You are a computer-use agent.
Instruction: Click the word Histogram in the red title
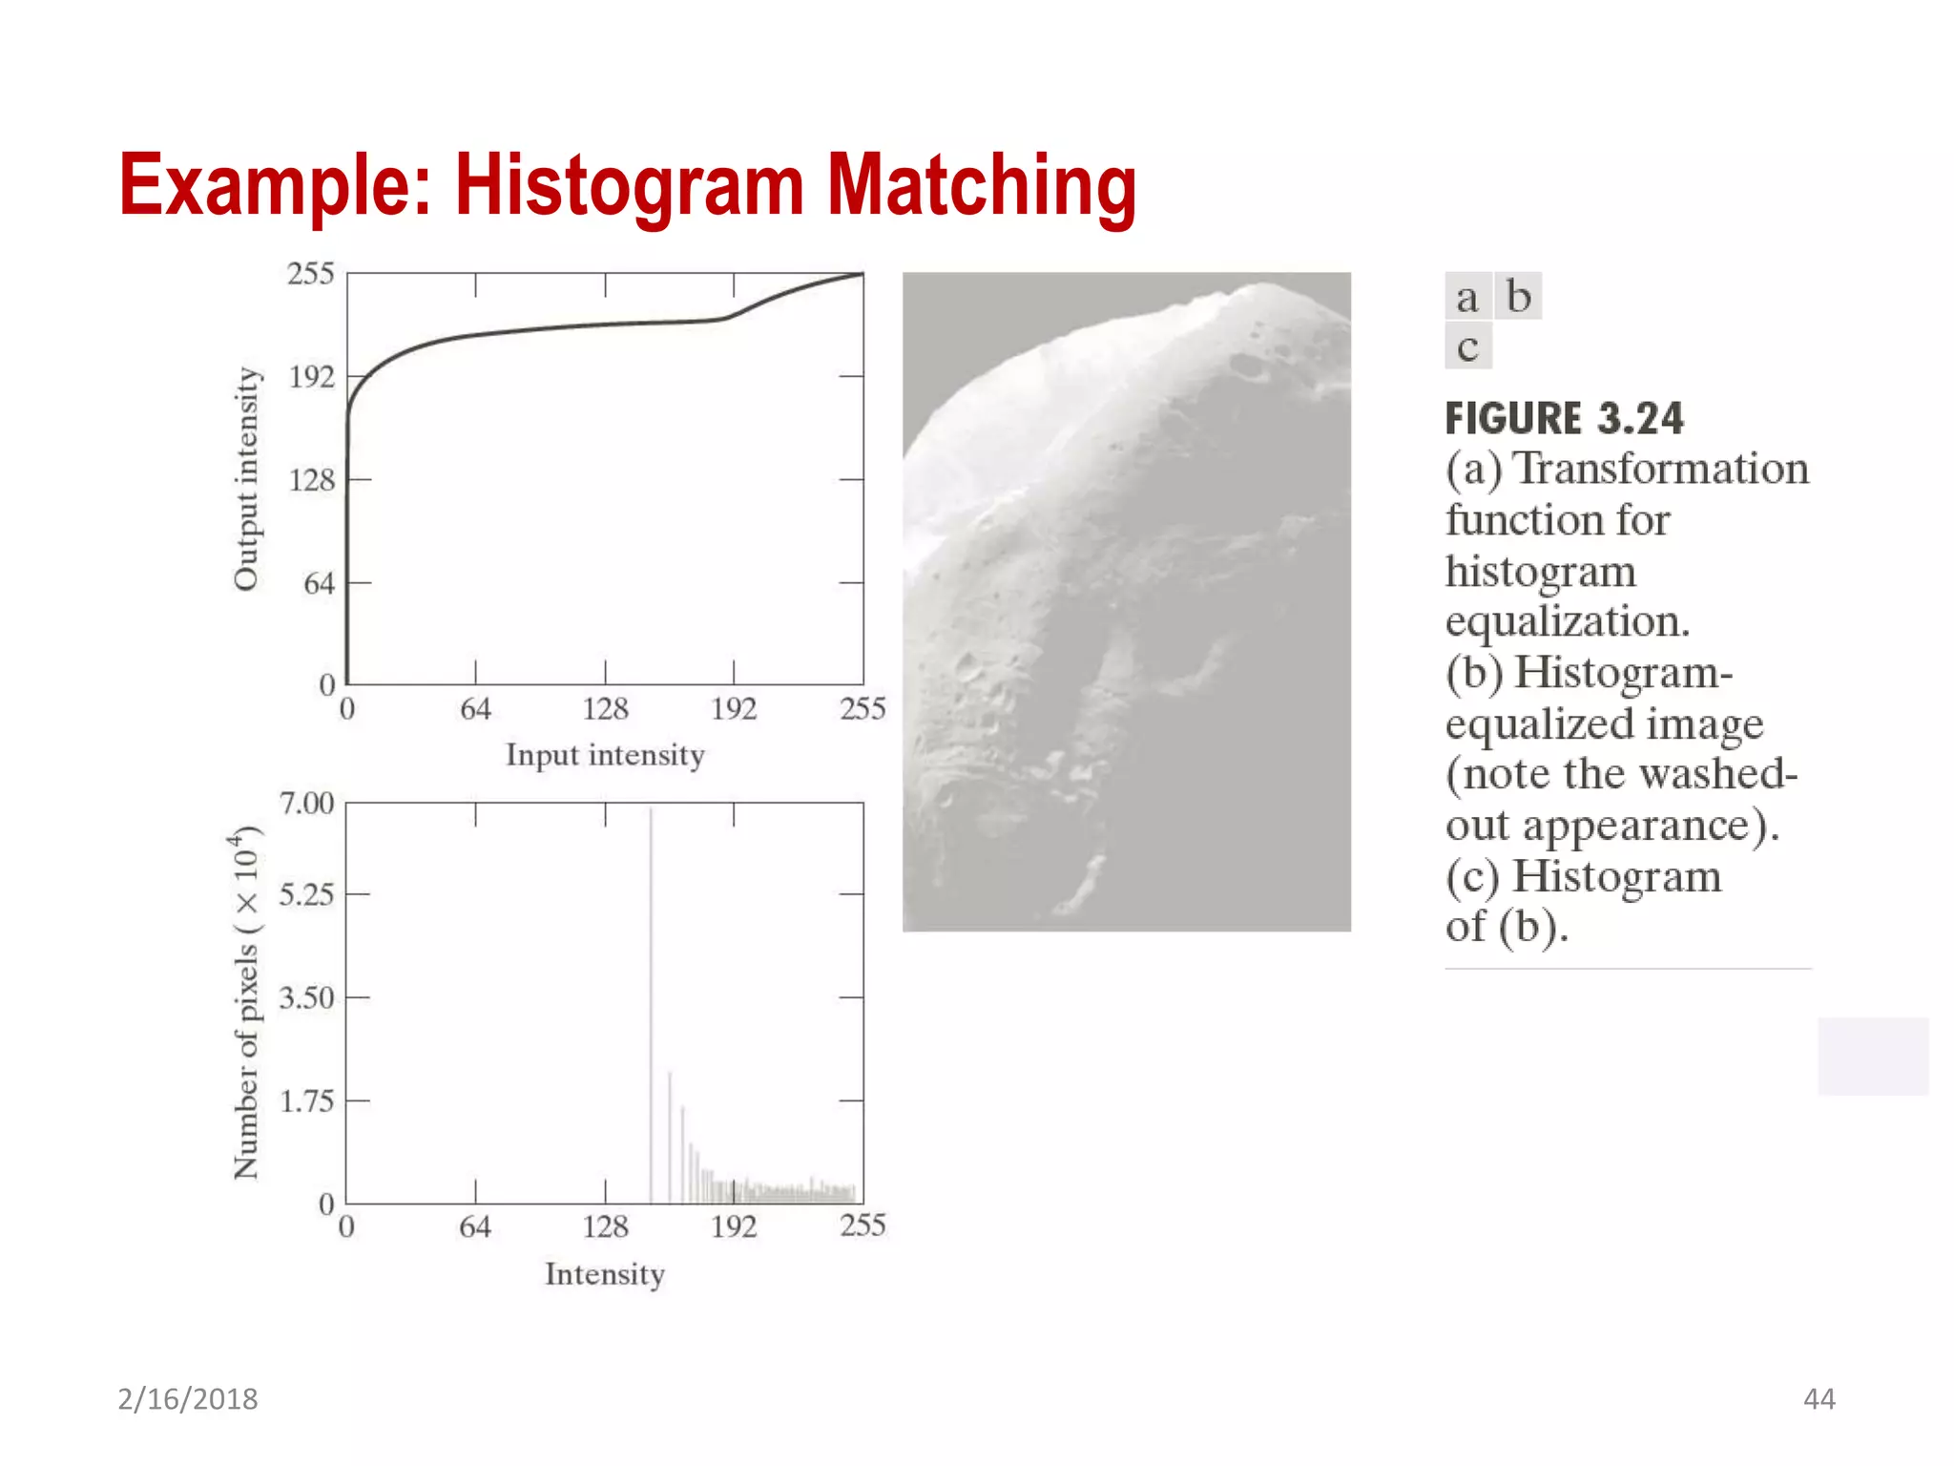[x=629, y=186]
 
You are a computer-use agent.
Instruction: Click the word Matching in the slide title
[x=981, y=186]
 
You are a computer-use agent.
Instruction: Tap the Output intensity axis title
[x=246, y=479]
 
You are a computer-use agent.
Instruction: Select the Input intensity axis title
[x=605, y=755]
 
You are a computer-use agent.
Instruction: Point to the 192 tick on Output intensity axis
[x=312, y=377]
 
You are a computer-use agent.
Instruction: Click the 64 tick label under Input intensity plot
[x=475, y=709]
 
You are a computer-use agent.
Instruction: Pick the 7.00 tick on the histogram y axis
[x=306, y=804]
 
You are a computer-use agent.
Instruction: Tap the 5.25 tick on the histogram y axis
[x=306, y=895]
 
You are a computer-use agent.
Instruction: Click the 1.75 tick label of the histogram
[x=306, y=1101]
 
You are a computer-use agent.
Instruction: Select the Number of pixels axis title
[x=246, y=1002]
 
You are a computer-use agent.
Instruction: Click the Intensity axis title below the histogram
[x=605, y=1274]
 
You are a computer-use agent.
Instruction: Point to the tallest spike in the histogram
[x=651, y=1002]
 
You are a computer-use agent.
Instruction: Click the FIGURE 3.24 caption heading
[x=1564, y=418]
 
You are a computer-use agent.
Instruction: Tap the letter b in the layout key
[x=1518, y=297]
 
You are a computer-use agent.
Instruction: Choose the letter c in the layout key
[x=1467, y=347]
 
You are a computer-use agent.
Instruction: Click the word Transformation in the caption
[x=1661, y=469]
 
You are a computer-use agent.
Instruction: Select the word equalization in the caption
[x=1567, y=621]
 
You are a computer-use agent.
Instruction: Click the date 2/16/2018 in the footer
[x=188, y=1399]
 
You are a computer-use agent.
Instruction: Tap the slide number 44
[x=1819, y=1399]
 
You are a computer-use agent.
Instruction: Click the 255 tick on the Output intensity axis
[x=311, y=275]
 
